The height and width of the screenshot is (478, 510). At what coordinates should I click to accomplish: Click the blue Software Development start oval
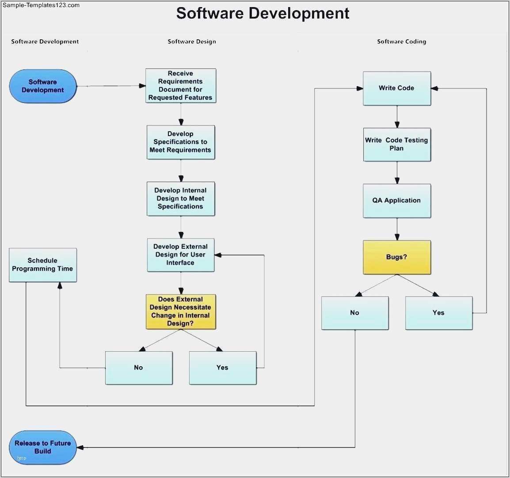[x=43, y=86]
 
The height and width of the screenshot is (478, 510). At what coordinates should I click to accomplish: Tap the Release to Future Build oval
[x=42, y=447]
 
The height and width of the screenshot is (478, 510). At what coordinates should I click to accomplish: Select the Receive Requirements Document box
[x=180, y=86]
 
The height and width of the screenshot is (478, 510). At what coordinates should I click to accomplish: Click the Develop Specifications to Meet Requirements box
[x=180, y=142]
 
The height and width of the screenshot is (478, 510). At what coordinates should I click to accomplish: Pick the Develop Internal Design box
[x=180, y=198]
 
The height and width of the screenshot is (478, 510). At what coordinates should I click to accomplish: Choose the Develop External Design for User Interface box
[x=180, y=255]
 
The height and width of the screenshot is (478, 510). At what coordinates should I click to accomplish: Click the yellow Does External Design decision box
[x=180, y=311]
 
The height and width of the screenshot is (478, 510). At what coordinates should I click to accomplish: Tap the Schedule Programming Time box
[x=42, y=265]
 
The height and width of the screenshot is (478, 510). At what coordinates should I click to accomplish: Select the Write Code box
[x=396, y=88]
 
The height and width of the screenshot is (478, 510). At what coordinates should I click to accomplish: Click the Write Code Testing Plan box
[x=396, y=144]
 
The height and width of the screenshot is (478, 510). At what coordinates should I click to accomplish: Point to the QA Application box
[x=396, y=201]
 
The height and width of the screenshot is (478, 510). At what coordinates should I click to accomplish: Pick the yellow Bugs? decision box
[x=396, y=257]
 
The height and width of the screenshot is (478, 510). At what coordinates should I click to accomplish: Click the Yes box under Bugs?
[x=438, y=313]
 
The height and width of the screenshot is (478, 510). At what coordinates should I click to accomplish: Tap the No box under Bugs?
[x=354, y=313]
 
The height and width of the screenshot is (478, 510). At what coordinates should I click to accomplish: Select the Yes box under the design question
[x=222, y=368]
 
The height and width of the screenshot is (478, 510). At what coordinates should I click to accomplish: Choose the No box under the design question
[x=138, y=368]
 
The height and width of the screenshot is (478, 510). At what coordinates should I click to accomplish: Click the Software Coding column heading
[x=401, y=42]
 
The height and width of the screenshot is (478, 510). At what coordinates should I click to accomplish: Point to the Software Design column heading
[x=192, y=42]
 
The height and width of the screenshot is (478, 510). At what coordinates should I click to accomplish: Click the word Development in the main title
[x=299, y=13]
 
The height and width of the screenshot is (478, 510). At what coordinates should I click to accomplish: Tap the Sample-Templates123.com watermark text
[x=41, y=5]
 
